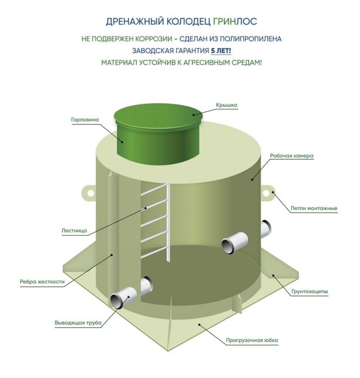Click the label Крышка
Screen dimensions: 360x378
[226, 105]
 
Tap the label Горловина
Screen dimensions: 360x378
[85, 119]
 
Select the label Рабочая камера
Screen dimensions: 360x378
[292, 156]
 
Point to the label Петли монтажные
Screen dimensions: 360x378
[314, 208]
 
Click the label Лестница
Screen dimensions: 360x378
[74, 230]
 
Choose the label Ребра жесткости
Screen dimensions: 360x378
[42, 282]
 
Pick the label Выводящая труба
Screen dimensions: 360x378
[78, 323]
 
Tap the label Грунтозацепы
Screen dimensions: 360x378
[310, 292]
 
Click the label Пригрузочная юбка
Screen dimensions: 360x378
[251, 340]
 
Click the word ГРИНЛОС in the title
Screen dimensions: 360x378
[235, 22]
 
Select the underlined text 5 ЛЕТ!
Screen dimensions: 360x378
[221, 51]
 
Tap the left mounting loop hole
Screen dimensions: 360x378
[91, 193]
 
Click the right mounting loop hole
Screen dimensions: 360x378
[266, 193]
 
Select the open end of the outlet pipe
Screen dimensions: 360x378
[117, 301]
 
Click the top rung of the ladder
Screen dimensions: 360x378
[154, 190]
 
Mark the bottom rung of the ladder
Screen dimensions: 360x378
[154, 253]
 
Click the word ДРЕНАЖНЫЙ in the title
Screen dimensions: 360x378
[134, 22]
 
